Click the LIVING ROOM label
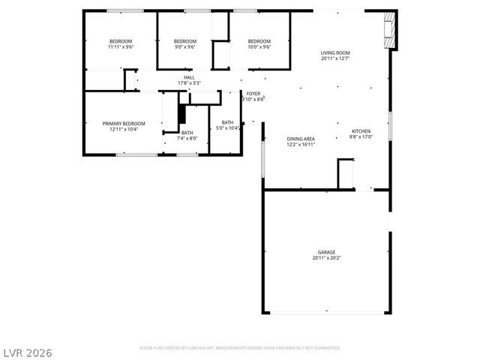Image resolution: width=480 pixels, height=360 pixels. coord(335,52)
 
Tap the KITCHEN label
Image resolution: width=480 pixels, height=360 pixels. coord(361,132)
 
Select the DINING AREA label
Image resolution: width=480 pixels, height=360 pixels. coord(300,139)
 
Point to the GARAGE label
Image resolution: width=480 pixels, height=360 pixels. coord(326,252)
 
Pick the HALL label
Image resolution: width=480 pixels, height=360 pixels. coord(189,76)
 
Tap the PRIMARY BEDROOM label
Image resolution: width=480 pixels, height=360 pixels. coord(124,123)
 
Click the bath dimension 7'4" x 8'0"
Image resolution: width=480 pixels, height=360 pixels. coord(187,138)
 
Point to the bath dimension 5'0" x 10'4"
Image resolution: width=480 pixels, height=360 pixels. coord(228,128)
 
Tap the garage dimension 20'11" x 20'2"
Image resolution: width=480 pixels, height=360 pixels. coord(326,258)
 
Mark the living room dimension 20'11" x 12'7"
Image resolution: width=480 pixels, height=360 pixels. coord(335,58)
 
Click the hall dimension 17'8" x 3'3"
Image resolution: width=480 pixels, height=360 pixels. coord(189,82)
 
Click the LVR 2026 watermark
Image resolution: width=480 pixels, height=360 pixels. coord(28,351)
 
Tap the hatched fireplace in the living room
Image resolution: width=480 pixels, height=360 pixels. coord(389,30)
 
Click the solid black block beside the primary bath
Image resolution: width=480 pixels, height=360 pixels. coord(181,113)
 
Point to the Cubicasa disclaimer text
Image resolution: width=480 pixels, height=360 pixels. coord(240,348)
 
